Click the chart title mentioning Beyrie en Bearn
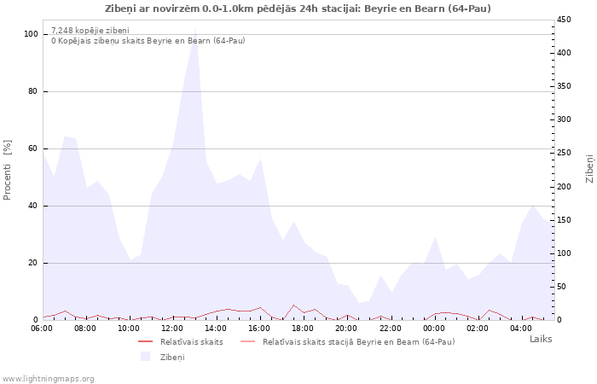[x=298, y=9]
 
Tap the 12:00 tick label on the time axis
[x=172, y=329]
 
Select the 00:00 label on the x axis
[x=433, y=329]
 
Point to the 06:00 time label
[x=42, y=329]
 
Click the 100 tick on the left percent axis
[x=31, y=34]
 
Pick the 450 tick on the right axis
[x=564, y=20]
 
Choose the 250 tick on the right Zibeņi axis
[x=564, y=153]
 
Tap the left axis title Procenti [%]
[x=7, y=170]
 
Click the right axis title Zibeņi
[x=589, y=169]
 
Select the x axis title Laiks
[x=541, y=339]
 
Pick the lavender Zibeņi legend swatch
[x=145, y=357]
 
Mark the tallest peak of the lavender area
[x=195, y=28]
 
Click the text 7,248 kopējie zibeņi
[x=90, y=31]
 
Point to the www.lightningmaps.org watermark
[x=48, y=379]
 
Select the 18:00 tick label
[x=303, y=329]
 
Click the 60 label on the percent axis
[x=32, y=148]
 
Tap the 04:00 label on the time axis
[x=521, y=329]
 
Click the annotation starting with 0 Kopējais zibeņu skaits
[x=148, y=40]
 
